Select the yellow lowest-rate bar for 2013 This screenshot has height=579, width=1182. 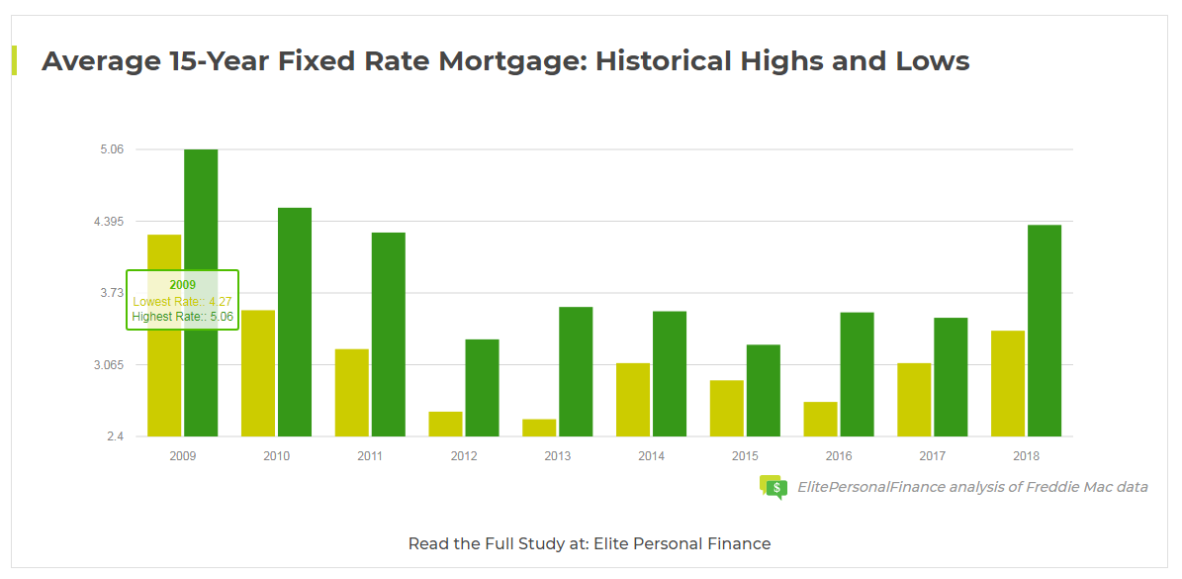[x=539, y=428]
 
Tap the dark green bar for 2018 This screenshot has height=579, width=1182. [x=1045, y=331]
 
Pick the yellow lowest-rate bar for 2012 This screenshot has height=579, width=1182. [x=445, y=424]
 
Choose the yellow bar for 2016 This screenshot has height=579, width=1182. [x=820, y=419]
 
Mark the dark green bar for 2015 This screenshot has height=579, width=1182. [x=764, y=390]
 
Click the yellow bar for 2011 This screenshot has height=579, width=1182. [x=351, y=392]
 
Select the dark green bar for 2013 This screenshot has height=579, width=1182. [x=576, y=371]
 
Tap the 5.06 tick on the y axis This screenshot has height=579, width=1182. [x=111, y=149]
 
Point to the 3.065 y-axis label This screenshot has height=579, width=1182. [x=108, y=365]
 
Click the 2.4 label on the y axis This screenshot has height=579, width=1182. [x=115, y=436]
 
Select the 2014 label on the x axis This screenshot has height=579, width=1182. [x=651, y=456]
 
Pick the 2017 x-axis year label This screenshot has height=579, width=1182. [x=933, y=456]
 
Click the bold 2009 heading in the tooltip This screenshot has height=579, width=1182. [x=182, y=285]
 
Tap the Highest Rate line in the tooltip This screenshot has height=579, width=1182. [x=182, y=317]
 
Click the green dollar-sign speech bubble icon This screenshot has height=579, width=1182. [x=773, y=487]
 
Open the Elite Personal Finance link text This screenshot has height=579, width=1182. [x=682, y=543]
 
